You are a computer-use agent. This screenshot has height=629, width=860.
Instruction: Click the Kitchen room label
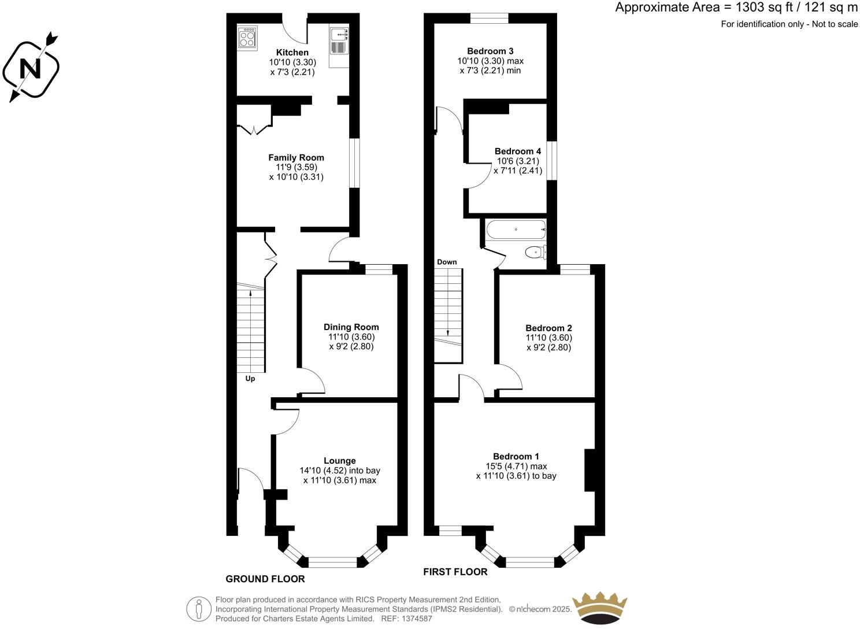292,53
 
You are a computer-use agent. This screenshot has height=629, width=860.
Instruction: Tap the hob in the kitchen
247,38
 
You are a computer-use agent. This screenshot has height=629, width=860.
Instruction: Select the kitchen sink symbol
339,35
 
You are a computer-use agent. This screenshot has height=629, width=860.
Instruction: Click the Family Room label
296,157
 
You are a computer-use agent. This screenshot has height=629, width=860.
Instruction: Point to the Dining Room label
351,327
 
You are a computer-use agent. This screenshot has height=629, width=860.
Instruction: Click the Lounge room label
339,461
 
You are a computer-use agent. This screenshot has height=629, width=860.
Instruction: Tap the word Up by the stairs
250,379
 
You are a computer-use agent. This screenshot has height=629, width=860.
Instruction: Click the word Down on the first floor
447,262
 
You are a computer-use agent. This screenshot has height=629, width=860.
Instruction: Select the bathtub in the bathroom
516,230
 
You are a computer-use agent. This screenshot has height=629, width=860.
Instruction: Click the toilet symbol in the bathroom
534,252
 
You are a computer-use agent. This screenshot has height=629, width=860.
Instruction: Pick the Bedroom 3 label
490,51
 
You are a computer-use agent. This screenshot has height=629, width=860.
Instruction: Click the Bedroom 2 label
548,328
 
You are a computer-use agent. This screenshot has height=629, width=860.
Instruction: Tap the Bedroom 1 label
516,456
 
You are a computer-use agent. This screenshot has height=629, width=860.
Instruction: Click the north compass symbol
31,68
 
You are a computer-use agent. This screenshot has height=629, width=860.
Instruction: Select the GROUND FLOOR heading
265,579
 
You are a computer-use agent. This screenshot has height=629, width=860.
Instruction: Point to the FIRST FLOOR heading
455,572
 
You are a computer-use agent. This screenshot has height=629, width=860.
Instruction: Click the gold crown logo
599,607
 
